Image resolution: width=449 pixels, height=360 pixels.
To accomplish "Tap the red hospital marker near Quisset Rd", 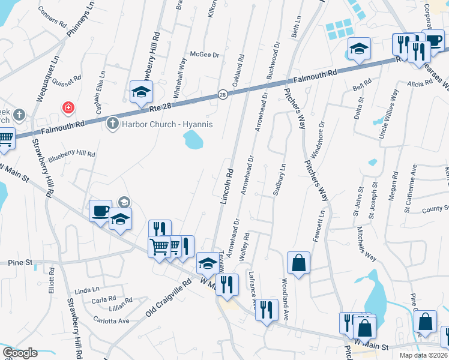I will [69, 107].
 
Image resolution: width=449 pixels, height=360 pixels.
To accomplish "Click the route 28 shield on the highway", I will [222, 95].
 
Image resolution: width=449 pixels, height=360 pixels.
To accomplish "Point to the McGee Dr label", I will [205, 53].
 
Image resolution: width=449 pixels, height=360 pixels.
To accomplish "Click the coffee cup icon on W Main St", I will [100, 211].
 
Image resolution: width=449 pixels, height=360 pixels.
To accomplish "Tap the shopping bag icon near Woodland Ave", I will [298, 262].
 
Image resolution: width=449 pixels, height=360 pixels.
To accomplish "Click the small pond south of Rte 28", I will [193, 140].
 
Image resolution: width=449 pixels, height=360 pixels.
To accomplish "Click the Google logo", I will [20, 353].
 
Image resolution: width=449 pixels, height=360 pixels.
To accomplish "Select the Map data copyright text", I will [423, 355].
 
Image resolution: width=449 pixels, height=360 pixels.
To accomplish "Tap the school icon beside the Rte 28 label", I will [141, 92].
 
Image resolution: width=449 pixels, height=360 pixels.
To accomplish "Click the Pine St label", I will [20, 263].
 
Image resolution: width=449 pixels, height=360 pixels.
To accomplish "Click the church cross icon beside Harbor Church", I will [112, 124].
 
